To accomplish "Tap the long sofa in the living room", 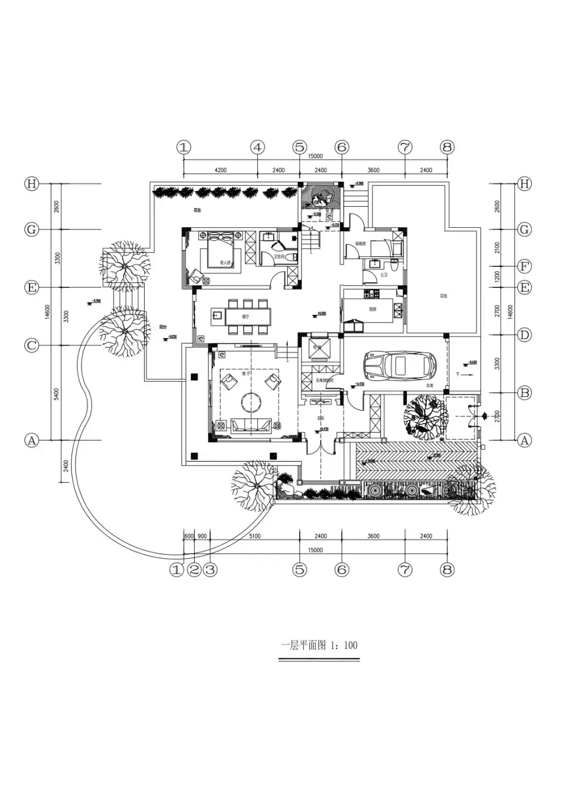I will (250, 425).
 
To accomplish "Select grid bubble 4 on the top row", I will (258, 148).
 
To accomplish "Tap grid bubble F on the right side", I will (525, 266).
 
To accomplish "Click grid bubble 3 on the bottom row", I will (210, 570).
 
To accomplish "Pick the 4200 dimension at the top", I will (220, 170).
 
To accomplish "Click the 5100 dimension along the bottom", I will (255, 536).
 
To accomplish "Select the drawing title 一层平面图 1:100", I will (320, 645).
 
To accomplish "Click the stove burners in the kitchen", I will (373, 294).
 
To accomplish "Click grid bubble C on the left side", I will (31, 345).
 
